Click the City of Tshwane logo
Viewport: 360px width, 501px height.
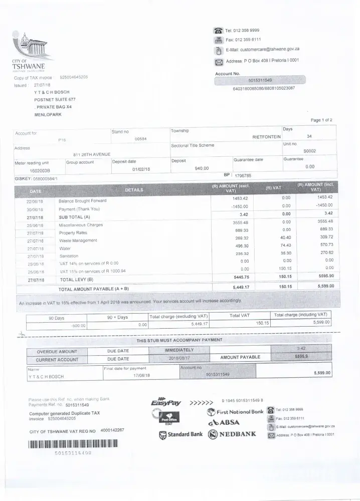pyautogui.click(x=31, y=52)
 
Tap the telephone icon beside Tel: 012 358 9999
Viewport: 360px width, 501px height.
pyautogui.click(x=218, y=31)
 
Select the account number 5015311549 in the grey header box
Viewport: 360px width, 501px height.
pyautogui.click(x=260, y=80)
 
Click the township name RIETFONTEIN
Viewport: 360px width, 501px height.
pyautogui.click(x=266, y=136)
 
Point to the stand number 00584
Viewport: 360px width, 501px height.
pyautogui.click(x=140, y=138)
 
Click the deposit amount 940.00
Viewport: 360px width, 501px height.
pyautogui.click(x=202, y=168)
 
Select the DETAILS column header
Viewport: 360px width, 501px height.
pyautogui.click(x=134, y=190)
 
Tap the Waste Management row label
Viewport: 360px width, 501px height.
pyautogui.click(x=78, y=240)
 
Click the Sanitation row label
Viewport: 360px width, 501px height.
pyautogui.click(x=69, y=256)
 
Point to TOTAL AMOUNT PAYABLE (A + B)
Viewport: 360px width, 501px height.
pyautogui.click(x=94, y=289)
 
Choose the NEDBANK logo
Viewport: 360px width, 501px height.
pyautogui.click(x=232, y=434)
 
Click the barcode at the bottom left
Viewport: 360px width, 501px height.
pyautogui.click(x=73, y=444)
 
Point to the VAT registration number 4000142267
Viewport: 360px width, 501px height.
pyautogui.click(x=112, y=430)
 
